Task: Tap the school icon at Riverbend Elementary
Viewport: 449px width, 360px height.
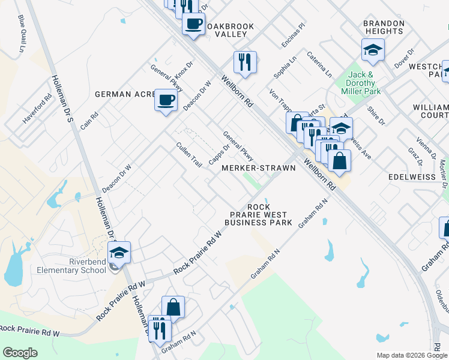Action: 119,253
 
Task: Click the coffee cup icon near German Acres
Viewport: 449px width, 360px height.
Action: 166,100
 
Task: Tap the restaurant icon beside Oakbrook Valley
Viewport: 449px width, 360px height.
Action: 245,62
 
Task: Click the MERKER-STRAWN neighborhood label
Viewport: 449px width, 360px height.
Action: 259,169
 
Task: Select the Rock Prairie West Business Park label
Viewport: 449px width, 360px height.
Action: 259,215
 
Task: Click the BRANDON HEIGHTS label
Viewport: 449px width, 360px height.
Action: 384,27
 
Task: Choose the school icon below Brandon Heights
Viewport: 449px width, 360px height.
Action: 373,50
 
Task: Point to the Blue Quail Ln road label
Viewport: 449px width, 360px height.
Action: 23,34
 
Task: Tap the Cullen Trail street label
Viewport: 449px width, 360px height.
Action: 188,154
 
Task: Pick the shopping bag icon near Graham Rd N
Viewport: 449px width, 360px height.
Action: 173,307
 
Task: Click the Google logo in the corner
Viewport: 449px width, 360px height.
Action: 20,353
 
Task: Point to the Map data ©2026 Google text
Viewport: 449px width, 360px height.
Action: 411,355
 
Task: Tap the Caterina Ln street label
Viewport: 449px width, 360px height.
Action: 319,64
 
